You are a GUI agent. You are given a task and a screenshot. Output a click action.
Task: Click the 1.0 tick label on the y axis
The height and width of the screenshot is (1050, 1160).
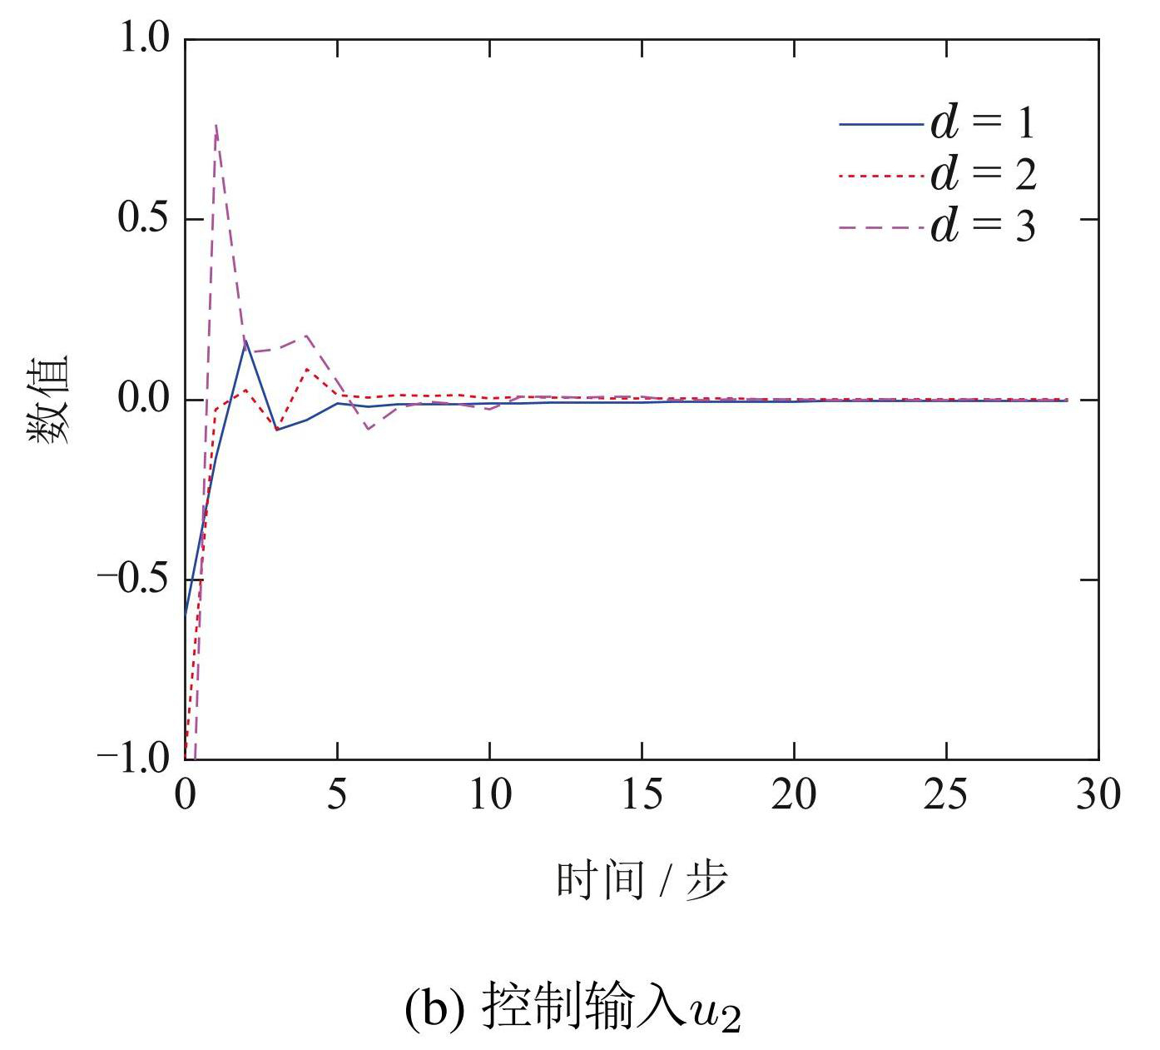(144, 39)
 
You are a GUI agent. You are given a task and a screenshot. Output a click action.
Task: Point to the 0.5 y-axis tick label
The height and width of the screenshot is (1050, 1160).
(144, 219)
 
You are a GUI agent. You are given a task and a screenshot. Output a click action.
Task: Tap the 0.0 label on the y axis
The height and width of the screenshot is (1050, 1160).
(144, 400)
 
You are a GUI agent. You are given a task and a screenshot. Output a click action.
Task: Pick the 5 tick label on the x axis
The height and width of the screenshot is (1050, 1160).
(337, 795)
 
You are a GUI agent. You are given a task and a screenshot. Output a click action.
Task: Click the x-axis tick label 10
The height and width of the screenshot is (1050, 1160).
(489, 795)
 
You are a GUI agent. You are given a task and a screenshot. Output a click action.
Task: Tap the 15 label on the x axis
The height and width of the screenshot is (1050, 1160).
(642, 795)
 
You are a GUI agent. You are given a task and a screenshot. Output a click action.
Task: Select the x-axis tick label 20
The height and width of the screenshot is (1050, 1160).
(794, 795)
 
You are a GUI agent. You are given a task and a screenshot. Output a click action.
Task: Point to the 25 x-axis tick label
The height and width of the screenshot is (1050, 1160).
(946, 795)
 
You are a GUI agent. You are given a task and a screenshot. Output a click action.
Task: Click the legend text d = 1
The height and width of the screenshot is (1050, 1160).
(983, 123)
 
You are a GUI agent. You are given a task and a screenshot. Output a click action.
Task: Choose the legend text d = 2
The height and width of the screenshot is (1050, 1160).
(983, 174)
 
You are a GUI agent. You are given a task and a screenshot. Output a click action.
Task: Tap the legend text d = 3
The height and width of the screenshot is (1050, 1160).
(983, 225)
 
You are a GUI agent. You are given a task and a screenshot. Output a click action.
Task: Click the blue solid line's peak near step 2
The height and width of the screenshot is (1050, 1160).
(245, 341)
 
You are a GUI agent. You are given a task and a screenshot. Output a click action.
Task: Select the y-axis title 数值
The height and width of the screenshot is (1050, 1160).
(50, 400)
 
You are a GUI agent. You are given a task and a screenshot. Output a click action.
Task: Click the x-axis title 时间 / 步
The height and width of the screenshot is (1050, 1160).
(641, 880)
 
